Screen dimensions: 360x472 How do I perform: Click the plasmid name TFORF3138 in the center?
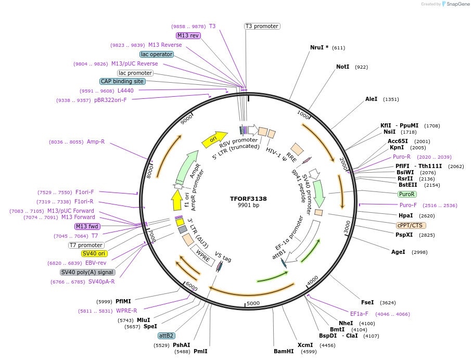248,198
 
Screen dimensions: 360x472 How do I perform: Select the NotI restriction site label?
342,67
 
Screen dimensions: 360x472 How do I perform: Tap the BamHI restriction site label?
284,351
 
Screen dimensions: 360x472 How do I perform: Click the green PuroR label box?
406,194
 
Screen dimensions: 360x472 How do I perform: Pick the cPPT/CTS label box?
411,225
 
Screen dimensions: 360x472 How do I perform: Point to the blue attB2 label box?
167,336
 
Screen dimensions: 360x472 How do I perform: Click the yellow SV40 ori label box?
94,253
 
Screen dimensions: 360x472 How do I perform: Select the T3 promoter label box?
262,26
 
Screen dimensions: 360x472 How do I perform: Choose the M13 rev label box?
188,35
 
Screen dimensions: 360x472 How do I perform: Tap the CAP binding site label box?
122,81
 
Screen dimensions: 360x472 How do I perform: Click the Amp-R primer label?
96,142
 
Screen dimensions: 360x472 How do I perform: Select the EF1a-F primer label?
359,314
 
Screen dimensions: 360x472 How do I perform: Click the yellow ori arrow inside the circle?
214,138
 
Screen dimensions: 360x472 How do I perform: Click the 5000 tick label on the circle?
253,303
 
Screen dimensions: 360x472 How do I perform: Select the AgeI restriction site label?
398,252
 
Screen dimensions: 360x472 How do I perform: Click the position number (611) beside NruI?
338,48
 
